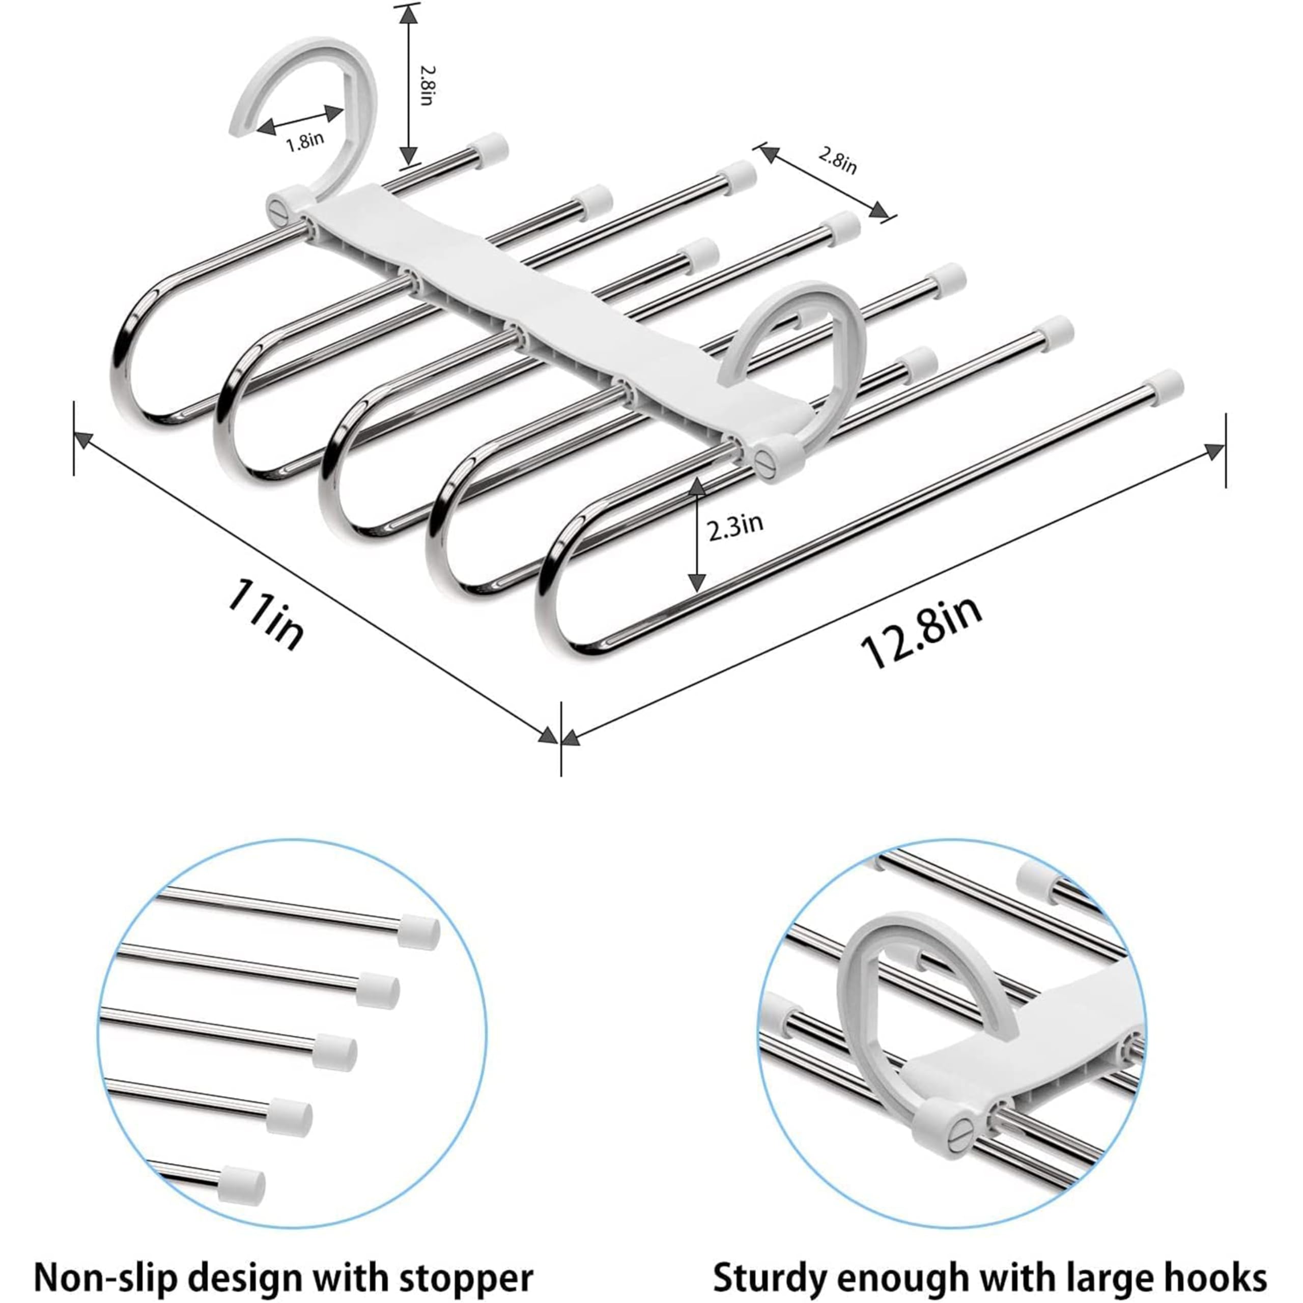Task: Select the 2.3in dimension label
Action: click(x=735, y=524)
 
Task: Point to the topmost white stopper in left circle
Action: click(x=419, y=931)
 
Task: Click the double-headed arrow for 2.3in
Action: click(x=697, y=533)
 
